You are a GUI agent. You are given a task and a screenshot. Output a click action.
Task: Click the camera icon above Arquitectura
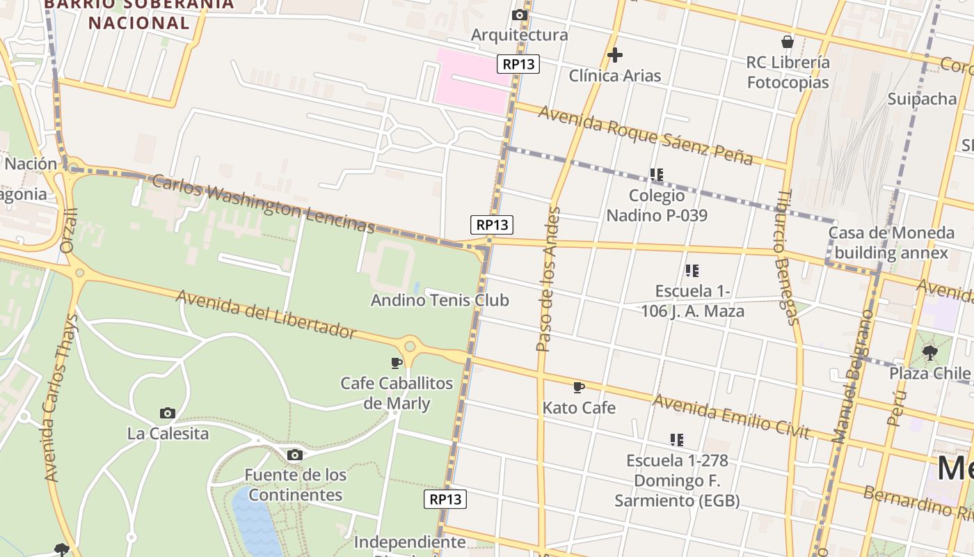pos(519,15)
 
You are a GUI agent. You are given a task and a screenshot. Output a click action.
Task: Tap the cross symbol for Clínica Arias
pos(614,55)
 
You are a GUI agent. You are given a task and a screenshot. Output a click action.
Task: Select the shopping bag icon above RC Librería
pos(788,42)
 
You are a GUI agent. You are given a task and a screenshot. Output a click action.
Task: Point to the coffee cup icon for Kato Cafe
pos(578,387)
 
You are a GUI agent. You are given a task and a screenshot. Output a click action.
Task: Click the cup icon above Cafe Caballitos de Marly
pos(397,363)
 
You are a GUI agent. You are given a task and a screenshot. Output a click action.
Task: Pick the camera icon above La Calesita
pos(167,413)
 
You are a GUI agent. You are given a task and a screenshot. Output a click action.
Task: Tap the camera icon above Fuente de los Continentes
pos(294,455)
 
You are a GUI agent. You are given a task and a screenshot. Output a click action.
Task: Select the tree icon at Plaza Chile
pos(929,353)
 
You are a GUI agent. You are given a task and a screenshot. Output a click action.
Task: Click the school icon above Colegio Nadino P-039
pos(656,174)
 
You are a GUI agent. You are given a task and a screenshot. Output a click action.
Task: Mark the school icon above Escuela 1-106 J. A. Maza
pos(692,270)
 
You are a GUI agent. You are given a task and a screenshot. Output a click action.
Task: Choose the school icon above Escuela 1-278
pos(676,439)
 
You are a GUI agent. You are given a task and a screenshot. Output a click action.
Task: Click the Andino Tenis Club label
pos(440,300)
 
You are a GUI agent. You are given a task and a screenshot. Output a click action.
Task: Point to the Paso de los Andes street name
pos(548,278)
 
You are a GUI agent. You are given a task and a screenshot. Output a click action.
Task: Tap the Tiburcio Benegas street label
pos(786,258)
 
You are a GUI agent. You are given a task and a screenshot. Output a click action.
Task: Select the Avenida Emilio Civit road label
pos(731,416)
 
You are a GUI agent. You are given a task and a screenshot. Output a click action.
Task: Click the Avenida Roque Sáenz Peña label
pos(645,135)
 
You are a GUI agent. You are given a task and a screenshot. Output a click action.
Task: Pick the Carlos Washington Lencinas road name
pos(263,203)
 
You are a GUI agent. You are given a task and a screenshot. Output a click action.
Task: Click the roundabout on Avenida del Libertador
pos(410,345)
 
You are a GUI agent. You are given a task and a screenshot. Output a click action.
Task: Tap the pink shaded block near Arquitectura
pos(470,81)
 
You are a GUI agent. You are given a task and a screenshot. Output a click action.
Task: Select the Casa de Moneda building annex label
pos(891,242)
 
